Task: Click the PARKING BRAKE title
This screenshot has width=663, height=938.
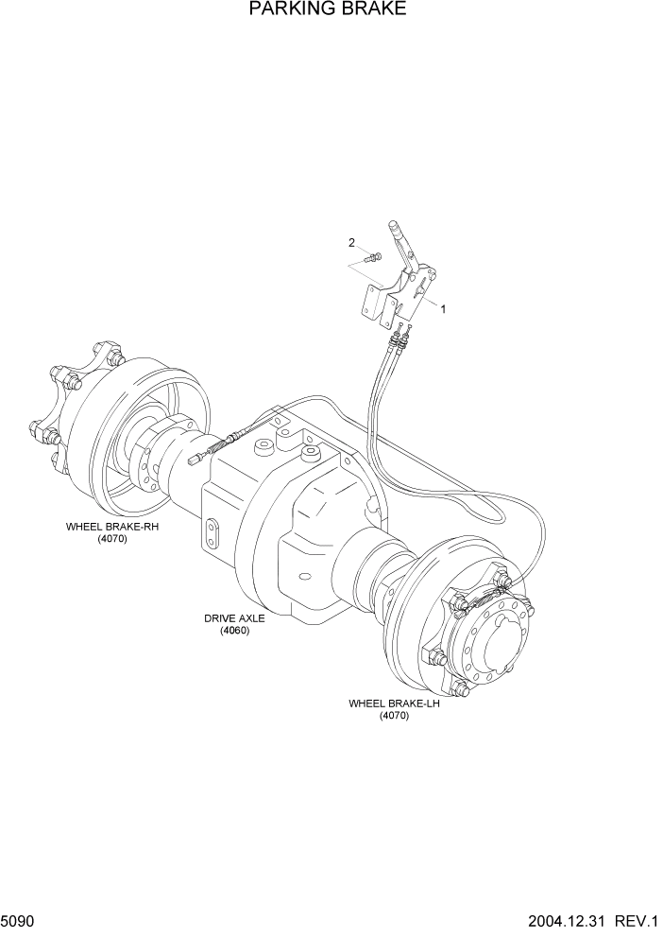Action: [x=328, y=10]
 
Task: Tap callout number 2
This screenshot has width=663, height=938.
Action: [x=351, y=243]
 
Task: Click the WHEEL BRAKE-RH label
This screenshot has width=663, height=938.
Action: [x=111, y=527]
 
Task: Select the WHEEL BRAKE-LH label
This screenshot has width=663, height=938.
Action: [x=394, y=703]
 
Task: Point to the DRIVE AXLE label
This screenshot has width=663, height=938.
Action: [x=234, y=618]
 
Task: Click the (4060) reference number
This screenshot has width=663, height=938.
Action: [x=234, y=631]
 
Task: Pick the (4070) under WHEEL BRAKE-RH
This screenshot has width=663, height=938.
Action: [x=111, y=539]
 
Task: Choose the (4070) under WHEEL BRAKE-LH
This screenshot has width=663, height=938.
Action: [x=394, y=716]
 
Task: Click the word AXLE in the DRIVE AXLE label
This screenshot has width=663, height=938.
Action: [x=251, y=618]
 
